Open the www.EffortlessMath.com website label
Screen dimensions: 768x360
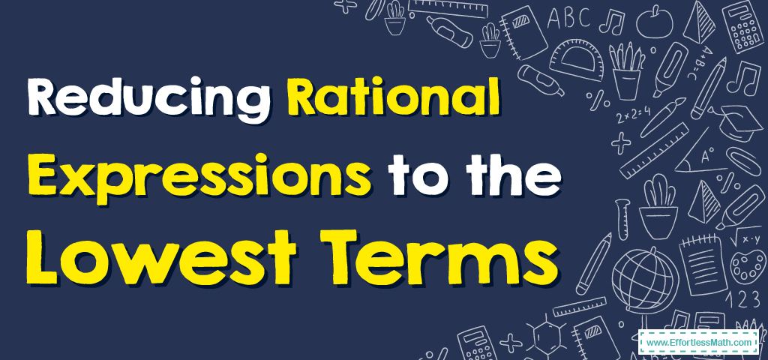(699, 343)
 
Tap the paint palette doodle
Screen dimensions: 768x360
(748, 267)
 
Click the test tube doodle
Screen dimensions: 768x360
(622, 218)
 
